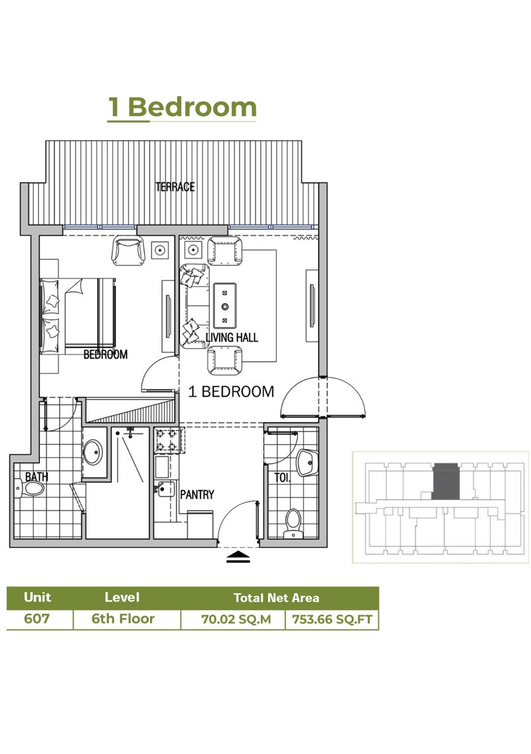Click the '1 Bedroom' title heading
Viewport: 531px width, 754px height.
click(182, 107)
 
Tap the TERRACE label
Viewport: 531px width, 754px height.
click(175, 187)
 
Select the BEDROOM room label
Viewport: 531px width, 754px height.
click(105, 355)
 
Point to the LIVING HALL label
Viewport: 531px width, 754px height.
click(232, 338)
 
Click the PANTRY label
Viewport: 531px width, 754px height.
click(197, 494)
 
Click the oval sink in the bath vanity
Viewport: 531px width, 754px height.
click(94, 454)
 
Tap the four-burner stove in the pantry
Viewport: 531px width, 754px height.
click(169, 440)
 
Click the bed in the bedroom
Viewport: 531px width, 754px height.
click(80, 311)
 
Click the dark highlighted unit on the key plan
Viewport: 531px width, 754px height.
click(444, 482)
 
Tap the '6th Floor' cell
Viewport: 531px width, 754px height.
click(123, 619)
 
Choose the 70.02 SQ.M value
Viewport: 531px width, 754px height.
click(232, 619)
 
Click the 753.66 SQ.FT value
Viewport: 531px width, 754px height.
click(331, 619)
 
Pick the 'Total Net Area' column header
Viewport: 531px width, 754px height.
click(276, 597)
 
